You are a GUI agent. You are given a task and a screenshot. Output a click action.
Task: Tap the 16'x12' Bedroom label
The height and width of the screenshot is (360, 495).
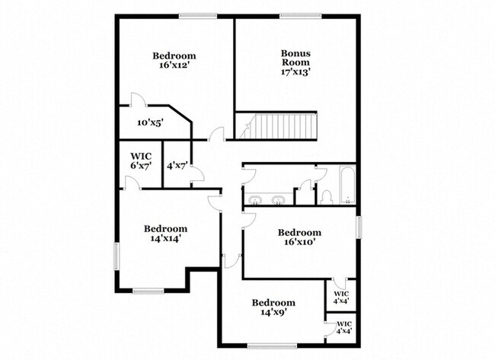(174, 60)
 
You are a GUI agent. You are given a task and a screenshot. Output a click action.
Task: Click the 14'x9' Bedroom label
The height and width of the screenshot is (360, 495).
(273, 307)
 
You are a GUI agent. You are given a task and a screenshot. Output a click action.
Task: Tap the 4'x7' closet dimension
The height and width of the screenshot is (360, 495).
(177, 164)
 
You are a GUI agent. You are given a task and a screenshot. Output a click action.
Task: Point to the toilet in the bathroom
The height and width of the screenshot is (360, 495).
(325, 198)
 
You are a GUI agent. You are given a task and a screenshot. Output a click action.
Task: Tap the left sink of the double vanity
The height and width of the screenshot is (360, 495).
(255, 200)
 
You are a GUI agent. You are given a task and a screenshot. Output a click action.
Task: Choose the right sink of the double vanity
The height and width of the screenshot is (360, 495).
(279, 200)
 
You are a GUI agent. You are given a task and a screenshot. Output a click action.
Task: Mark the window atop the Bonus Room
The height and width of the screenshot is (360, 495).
(298, 16)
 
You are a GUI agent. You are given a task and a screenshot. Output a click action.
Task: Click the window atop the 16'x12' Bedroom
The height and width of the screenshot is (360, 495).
(198, 16)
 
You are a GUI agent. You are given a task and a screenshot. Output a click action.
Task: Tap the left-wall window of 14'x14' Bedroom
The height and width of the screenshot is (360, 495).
(117, 255)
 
